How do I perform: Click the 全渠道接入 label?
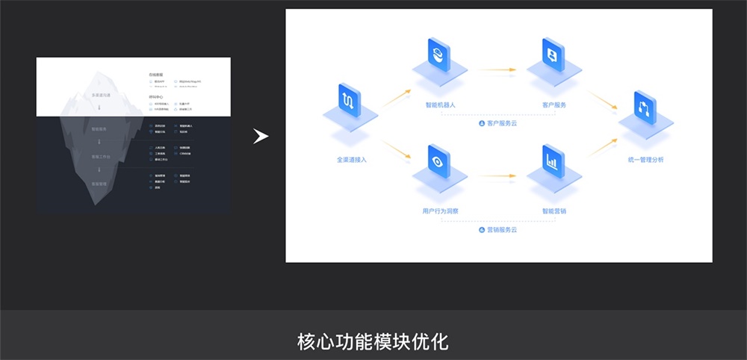tap(352, 160)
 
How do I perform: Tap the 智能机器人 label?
tap(440, 105)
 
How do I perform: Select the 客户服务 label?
tap(554, 105)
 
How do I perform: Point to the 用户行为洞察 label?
tap(440, 211)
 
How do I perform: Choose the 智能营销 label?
tap(554, 211)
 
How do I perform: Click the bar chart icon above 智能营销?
tap(553, 160)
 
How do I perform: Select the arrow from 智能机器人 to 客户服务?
tap(496, 70)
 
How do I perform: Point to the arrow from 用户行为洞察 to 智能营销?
tap(496, 177)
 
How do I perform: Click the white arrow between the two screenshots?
tap(260, 137)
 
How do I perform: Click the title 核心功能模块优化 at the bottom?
tap(373, 342)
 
